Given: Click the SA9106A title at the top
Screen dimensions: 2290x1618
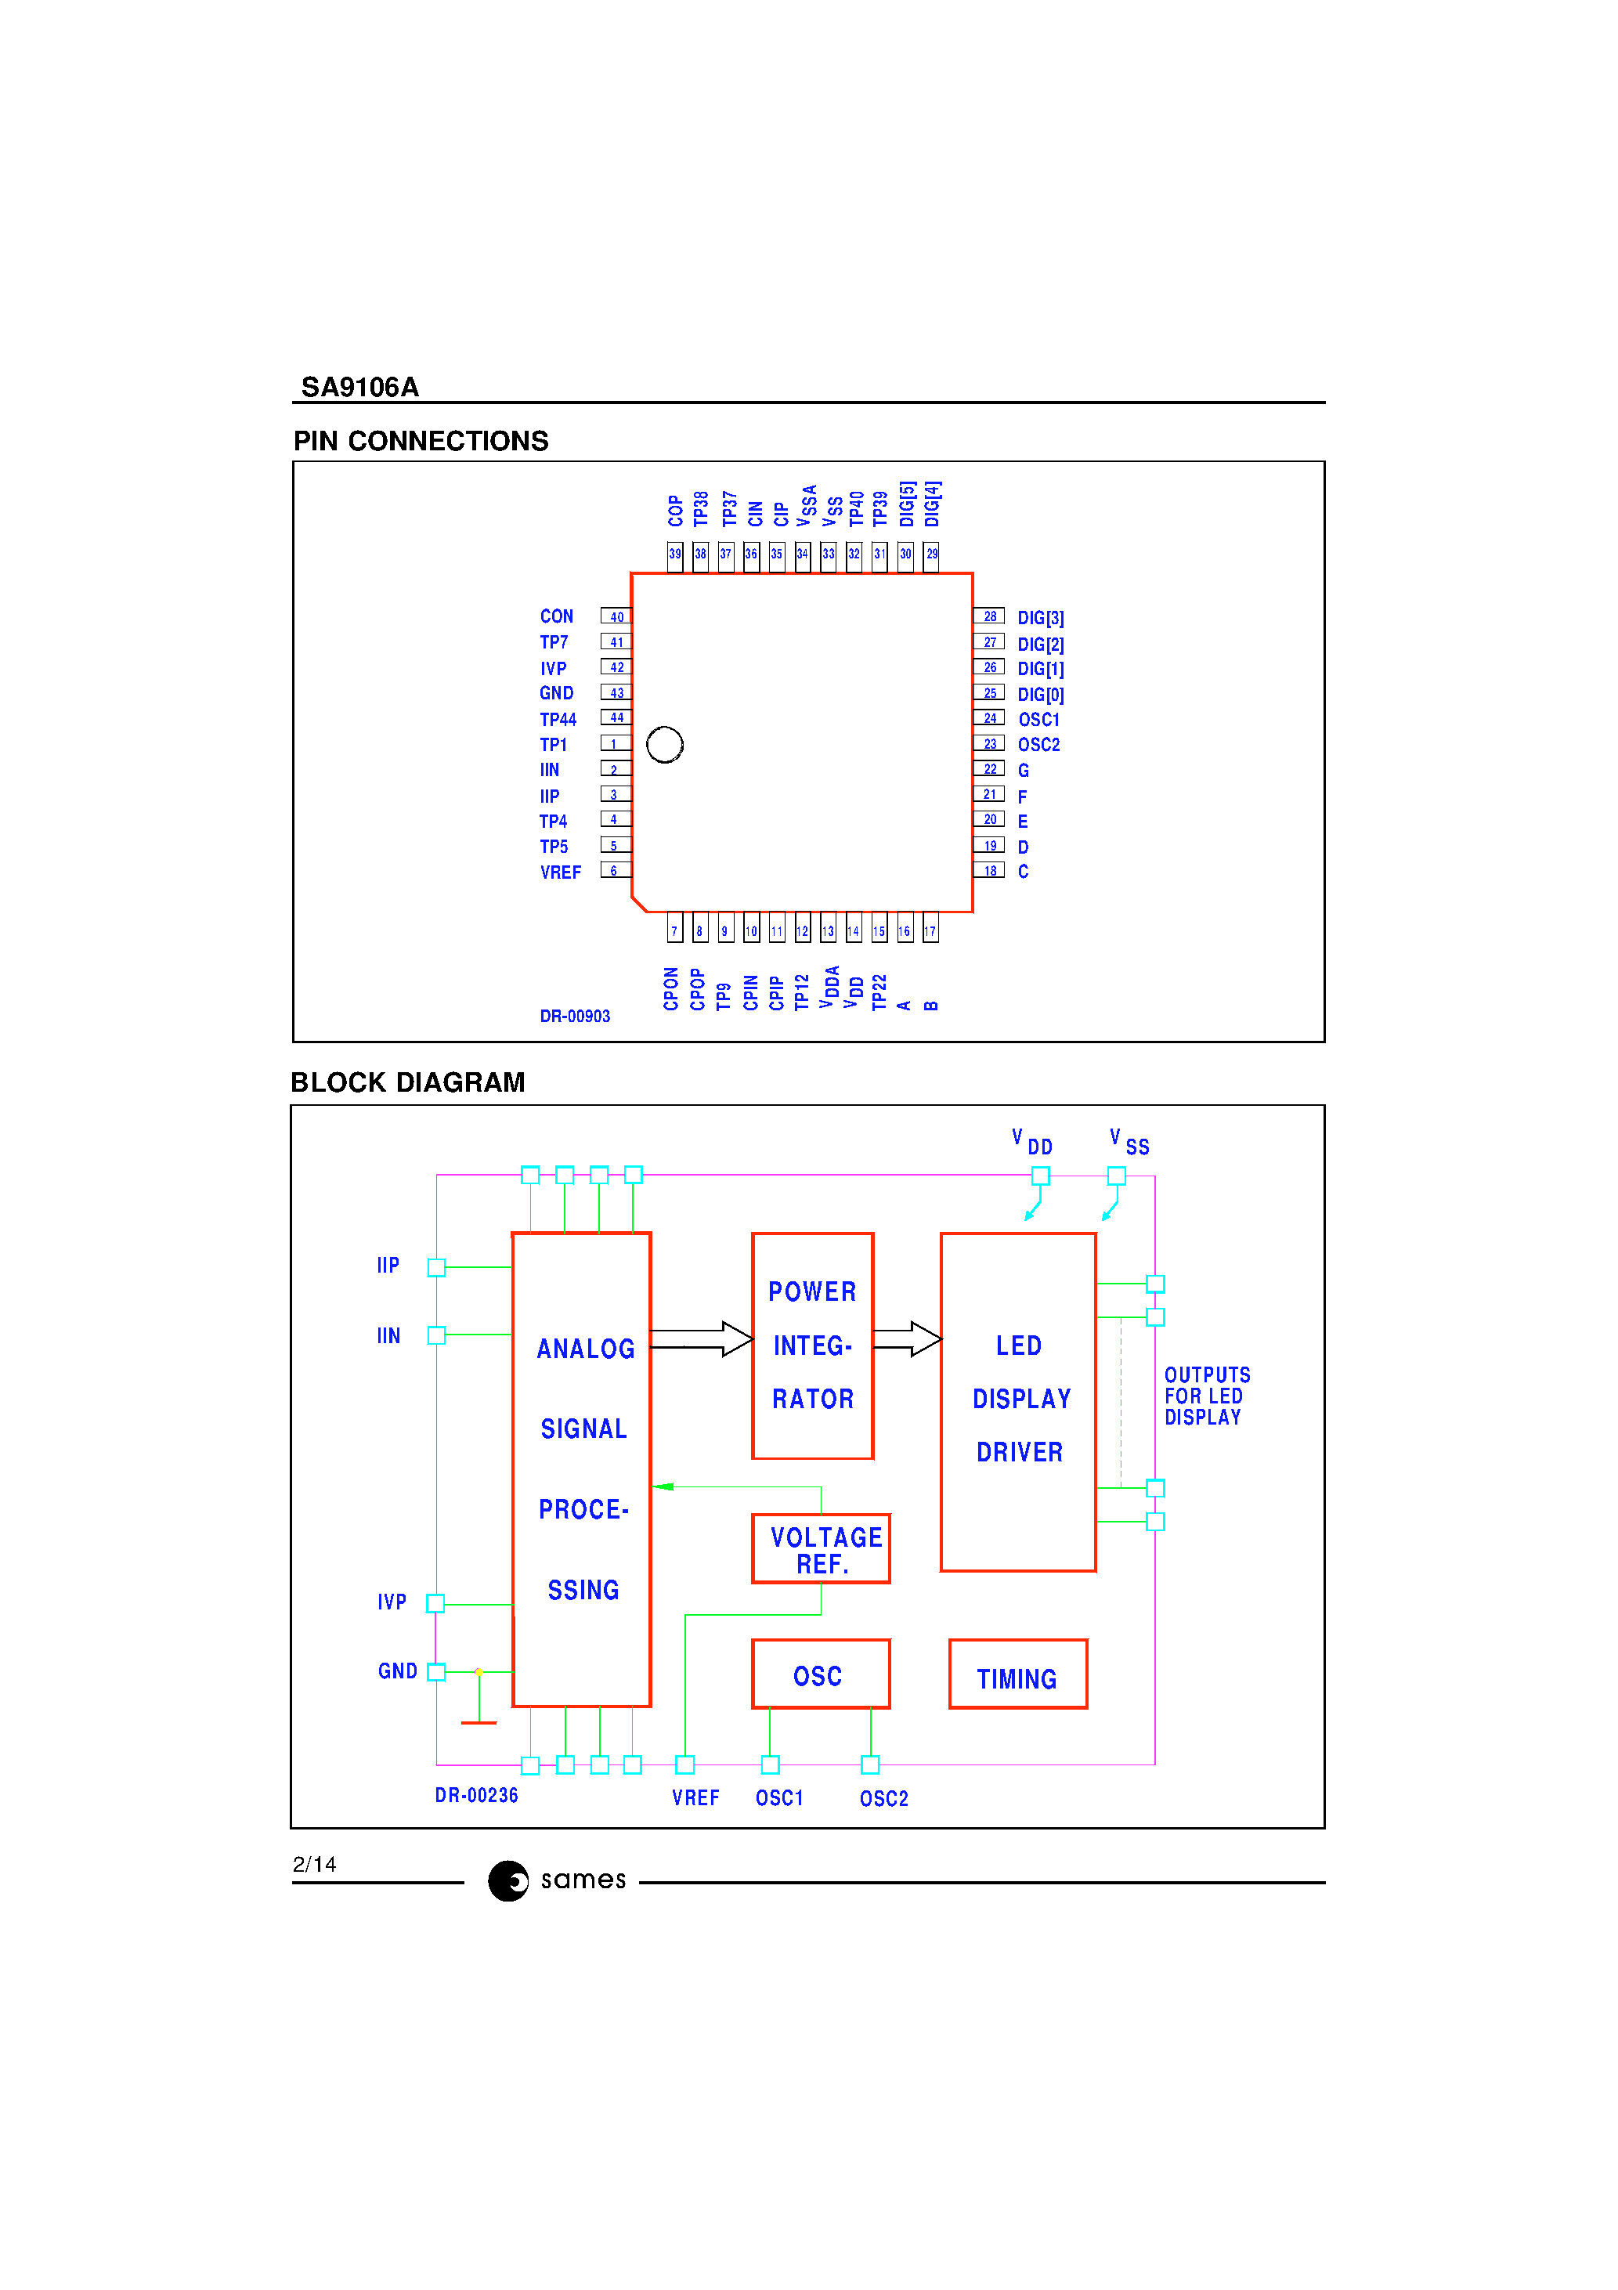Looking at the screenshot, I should point(359,387).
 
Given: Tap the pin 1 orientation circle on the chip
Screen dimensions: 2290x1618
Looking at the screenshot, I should point(664,744).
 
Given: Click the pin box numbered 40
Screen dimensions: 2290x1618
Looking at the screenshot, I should point(616,616).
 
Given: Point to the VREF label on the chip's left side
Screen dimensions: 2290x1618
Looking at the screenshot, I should point(560,872).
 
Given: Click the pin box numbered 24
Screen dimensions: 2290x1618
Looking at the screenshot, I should point(988,718).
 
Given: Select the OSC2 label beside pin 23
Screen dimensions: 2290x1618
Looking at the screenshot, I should point(1038,745).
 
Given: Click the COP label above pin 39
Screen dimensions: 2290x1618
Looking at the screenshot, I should point(675,511).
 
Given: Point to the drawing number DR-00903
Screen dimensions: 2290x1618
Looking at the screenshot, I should point(575,1017).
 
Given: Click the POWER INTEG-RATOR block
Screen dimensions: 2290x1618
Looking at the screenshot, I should point(812,1345).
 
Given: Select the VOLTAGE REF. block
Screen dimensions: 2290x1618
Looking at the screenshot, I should point(821,1549).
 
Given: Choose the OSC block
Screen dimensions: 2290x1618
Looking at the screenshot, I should point(820,1674).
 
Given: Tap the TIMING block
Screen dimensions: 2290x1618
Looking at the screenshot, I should point(1017,1674).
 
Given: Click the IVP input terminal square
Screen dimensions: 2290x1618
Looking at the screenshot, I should point(435,1604).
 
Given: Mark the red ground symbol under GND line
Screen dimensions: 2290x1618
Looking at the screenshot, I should point(479,1721).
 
